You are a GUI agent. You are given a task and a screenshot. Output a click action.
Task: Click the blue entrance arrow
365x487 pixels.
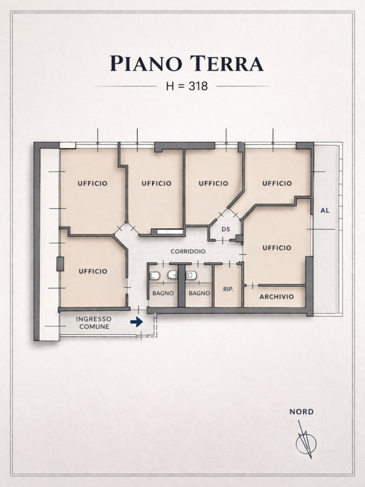click(136, 322)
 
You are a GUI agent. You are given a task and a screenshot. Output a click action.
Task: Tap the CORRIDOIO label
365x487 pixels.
click(188, 251)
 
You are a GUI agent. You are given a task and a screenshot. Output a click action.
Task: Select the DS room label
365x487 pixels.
click(226, 229)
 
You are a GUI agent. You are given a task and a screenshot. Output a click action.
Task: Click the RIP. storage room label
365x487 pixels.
click(229, 289)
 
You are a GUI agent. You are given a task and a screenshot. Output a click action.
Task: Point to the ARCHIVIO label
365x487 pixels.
click(277, 296)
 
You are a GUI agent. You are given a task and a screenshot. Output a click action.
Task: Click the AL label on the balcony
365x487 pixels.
click(325, 211)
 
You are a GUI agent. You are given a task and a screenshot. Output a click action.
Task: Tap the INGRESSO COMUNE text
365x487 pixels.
click(94, 323)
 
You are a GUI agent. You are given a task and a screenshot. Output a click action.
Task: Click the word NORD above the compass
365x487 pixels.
click(301, 412)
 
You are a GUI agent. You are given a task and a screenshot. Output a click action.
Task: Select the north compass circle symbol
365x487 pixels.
click(306, 443)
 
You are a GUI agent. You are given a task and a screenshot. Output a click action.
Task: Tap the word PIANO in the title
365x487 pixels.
click(146, 63)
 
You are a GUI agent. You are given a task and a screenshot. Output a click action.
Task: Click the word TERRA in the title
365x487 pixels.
click(227, 63)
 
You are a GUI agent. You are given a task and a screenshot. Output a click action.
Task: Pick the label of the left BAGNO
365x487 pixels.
click(163, 293)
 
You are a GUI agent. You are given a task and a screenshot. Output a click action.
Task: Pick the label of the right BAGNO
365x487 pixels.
click(200, 293)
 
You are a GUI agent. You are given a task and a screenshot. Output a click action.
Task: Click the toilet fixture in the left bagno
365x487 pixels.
click(155, 276)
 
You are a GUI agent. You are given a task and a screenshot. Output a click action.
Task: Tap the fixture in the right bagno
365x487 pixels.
click(191, 275)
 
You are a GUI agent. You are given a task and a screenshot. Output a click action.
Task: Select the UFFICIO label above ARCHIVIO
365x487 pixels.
click(277, 248)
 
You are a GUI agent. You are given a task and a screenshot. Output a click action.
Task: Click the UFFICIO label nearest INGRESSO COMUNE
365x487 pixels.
click(93, 272)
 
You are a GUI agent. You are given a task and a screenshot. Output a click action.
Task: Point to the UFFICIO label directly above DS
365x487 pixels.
click(214, 184)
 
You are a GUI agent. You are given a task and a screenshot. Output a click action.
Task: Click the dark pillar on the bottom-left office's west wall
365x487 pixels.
click(60, 264)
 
